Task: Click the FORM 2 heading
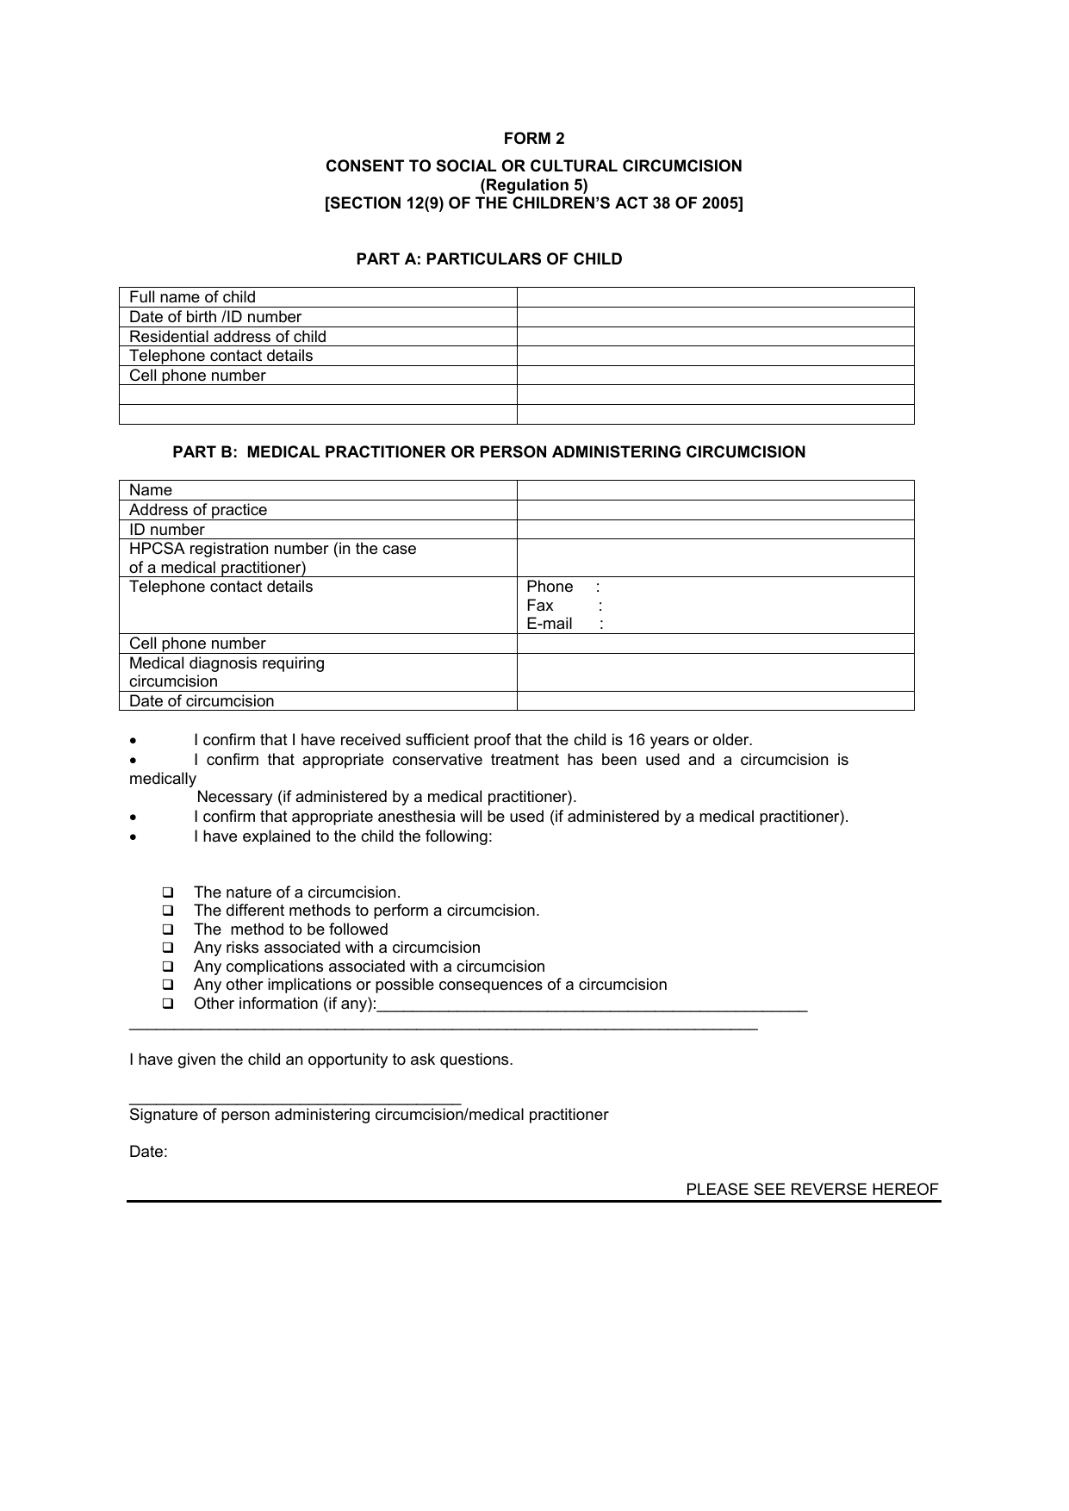pyautogui.click(x=534, y=139)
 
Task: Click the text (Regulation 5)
pyautogui.click(x=534, y=185)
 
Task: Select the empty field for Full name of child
pyautogui.click(x=715, y=297)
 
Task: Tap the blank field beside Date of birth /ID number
pyautogui.click(x=715, y=317)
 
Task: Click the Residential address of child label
pyautogui.click(x=227, y=337)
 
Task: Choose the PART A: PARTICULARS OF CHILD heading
pyautogui.click(x=489, y=259)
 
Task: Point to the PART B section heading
pyautogui.click(x=489, y=452)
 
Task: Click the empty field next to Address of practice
pyautogui.click(x=715, y=510)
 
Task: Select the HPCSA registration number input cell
pyautogui.click(x=715, y=558)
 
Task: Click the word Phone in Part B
pyautogui.click(x=550, y=587)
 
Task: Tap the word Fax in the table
pyautogui.click(x=540, y=606)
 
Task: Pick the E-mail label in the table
pyautogui.click(x=550, y=624)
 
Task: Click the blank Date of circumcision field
pyautogui.click(x=715, y=701)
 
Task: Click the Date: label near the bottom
pyautogui.click(x=148, y=1152)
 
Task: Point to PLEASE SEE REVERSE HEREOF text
pyautogui.click(x=811, y=1190)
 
